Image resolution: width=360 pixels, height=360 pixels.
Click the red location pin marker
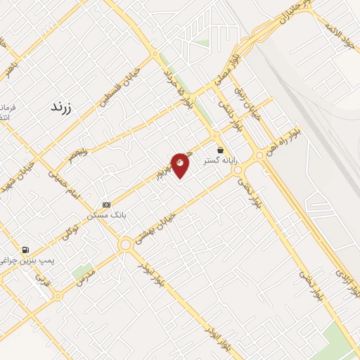(x=180, y=165)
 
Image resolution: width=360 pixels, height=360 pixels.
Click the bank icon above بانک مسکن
(x=106, y=205)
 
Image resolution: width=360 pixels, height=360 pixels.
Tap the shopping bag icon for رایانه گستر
(x=221, y=150)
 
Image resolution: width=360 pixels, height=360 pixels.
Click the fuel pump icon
(x=26, y=250)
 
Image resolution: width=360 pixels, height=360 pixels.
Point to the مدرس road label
(x=85, y=278)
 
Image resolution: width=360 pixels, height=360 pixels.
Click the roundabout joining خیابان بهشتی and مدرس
(x=126, y=245)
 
